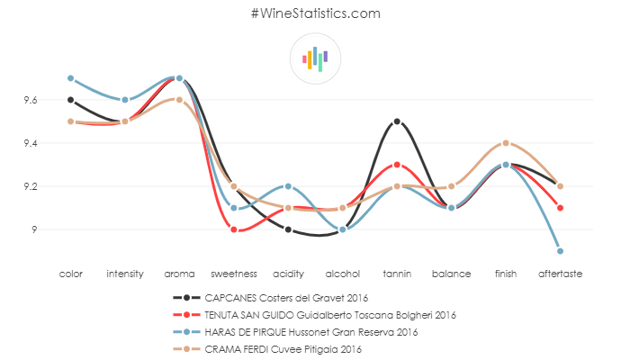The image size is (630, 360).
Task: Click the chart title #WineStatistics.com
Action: (315, 13)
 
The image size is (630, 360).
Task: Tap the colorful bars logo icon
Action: (315, 58)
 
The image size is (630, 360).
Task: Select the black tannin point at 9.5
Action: (397, 121)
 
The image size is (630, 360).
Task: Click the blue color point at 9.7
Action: (70, 78)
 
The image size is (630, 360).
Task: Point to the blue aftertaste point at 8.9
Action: (561, 251)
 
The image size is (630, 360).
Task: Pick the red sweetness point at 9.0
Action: (234, 229)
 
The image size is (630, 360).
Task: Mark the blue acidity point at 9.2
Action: (288, 186)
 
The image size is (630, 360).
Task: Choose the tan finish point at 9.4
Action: (506, 143)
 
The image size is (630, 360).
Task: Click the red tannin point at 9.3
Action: (397, 165)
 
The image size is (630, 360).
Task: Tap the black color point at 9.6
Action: (70, 100)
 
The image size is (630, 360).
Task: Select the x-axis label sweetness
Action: (234, 273)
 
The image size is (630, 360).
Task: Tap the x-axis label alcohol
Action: (343, 273)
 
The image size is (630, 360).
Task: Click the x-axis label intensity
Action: (125, 273)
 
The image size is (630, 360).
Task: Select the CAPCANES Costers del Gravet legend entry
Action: (286, 296)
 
